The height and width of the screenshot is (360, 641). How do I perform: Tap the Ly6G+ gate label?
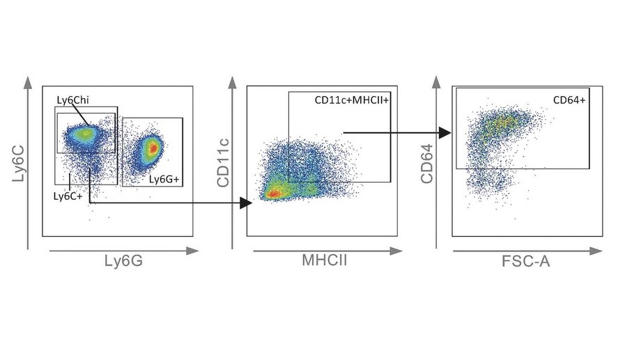pyautogui.click(x=164, y=180)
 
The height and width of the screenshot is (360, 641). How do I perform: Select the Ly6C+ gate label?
pyautogui.click(x=68, y=196)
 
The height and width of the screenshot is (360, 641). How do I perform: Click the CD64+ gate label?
pyautogui.click(x=570, y=100)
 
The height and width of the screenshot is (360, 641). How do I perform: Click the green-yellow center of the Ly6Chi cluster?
pyautogui.click(x=85, y=132)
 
